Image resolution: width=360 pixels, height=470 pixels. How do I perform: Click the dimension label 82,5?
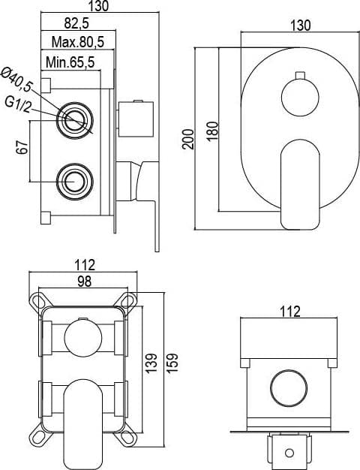76,23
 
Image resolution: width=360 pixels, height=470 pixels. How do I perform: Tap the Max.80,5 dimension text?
78,41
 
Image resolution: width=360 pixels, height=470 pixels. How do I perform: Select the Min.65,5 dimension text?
70,62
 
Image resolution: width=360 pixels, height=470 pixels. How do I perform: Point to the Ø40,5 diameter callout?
16,79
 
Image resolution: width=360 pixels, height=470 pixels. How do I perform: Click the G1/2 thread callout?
18,104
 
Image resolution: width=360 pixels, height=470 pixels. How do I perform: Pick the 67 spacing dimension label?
22,147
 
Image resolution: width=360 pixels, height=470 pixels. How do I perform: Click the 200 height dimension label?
189,139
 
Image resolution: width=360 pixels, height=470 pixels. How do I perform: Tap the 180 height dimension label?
212,131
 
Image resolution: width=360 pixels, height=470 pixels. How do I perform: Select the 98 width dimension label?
84,282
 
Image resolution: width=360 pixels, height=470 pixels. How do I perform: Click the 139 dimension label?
151,363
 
